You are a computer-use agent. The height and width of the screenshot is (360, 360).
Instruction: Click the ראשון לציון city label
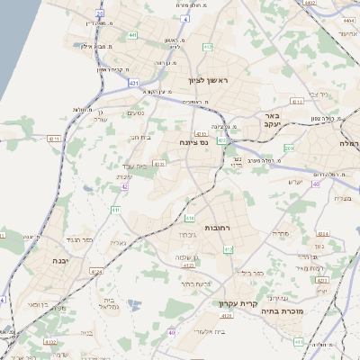(210, 81)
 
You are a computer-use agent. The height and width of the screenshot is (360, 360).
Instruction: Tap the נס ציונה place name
(193, 141)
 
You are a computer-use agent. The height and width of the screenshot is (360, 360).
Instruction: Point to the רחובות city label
(219, 228)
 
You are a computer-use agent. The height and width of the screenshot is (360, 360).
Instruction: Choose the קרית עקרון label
(238, 303)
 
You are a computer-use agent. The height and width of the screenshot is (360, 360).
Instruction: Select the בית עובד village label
(133, 167)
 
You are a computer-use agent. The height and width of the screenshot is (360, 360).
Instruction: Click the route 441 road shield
(133, 35)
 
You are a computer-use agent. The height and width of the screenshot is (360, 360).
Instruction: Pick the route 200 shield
(289, 148)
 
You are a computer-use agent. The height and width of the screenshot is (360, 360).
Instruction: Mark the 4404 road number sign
(310, 4)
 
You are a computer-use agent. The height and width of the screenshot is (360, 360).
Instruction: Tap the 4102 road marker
(52, 342)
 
